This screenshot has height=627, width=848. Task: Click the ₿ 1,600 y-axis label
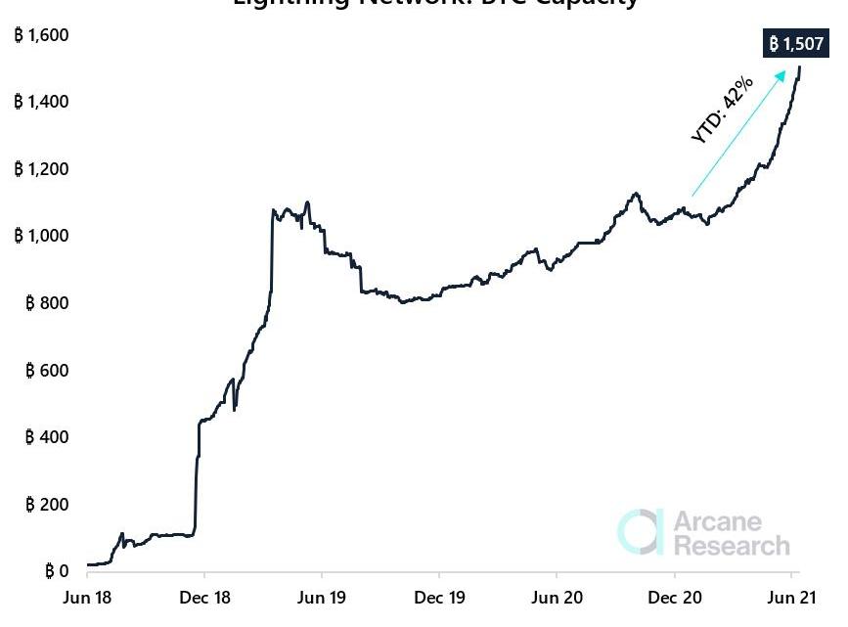coord(41,35)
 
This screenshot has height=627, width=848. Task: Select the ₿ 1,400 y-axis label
coord(41,102)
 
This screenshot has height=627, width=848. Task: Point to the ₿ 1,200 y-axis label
coord(41,169)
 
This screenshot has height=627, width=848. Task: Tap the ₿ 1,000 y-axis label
coord(41,236)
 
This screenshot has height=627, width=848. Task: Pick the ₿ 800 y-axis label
coord(47,303)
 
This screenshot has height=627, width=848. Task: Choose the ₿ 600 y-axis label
coord(47,371)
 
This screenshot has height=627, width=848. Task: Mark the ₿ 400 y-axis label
coord(47,437)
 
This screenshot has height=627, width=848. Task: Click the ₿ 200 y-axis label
coord(47,505)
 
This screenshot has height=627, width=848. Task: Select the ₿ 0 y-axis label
coord(55,571)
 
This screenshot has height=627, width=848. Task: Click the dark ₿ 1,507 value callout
coord(797,44)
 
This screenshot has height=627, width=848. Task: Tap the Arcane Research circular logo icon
coord(641,531)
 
